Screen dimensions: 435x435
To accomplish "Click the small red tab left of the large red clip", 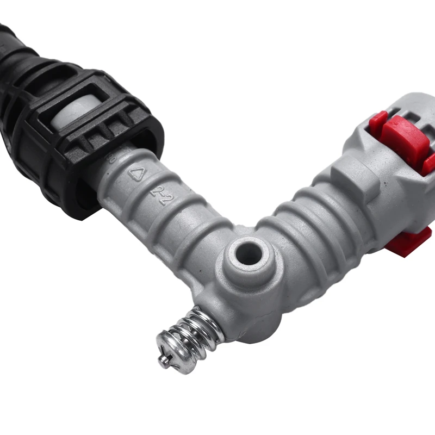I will pyautogui.click(x=377, y=123).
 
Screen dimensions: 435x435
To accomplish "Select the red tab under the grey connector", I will pyautogui.click(x=409, y=243).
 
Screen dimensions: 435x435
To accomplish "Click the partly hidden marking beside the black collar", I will pyautogui.click(x=114, y=158).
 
